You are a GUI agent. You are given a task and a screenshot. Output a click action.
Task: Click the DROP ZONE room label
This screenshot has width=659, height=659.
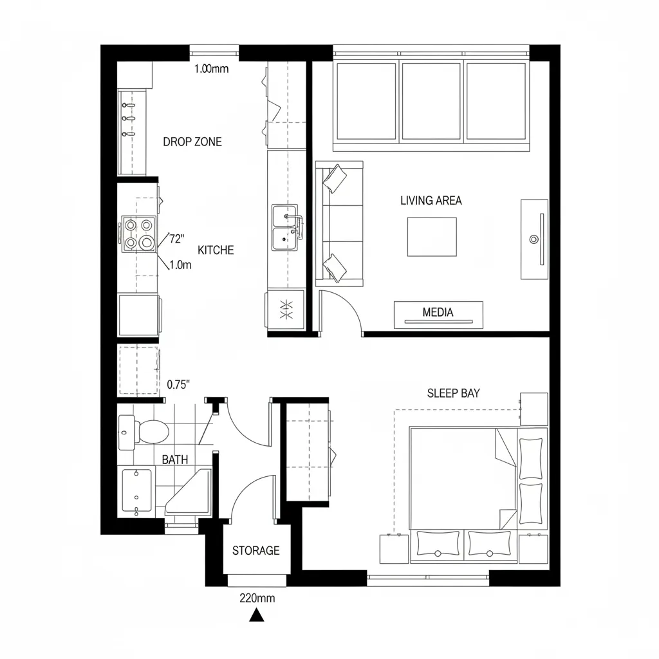(x=192, y=142)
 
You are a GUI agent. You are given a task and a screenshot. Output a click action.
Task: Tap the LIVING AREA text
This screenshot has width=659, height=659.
(x=431, y=200)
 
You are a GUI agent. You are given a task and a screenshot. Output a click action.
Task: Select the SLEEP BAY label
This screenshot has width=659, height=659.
(x=453, y=393)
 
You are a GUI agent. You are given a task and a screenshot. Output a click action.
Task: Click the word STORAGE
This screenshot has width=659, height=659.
(x=255, y=550)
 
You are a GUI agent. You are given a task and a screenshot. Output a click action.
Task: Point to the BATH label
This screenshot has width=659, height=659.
(x=174, y=459)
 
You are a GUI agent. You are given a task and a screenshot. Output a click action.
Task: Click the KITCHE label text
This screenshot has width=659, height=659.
(x=216, y=250)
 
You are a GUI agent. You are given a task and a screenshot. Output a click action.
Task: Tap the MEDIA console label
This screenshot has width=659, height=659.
(x=438, y=312)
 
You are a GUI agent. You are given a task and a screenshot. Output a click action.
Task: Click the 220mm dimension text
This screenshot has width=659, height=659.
(x=257, y=598)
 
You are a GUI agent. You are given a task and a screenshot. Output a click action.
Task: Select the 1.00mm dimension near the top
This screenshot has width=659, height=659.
(x=211, y=70)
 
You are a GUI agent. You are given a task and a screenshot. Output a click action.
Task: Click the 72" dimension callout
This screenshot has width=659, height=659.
(x=176, y=239)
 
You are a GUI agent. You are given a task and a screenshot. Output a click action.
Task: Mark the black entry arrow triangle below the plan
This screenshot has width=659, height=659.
(x=257, y=617)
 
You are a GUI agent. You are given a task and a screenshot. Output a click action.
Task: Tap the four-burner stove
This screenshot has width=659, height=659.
(x=139, y=234)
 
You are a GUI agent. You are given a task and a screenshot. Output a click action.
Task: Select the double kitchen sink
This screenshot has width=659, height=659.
(x=284, y=228)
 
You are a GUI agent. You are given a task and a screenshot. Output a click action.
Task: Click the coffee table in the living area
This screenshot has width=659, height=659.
(x=431, y=237)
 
